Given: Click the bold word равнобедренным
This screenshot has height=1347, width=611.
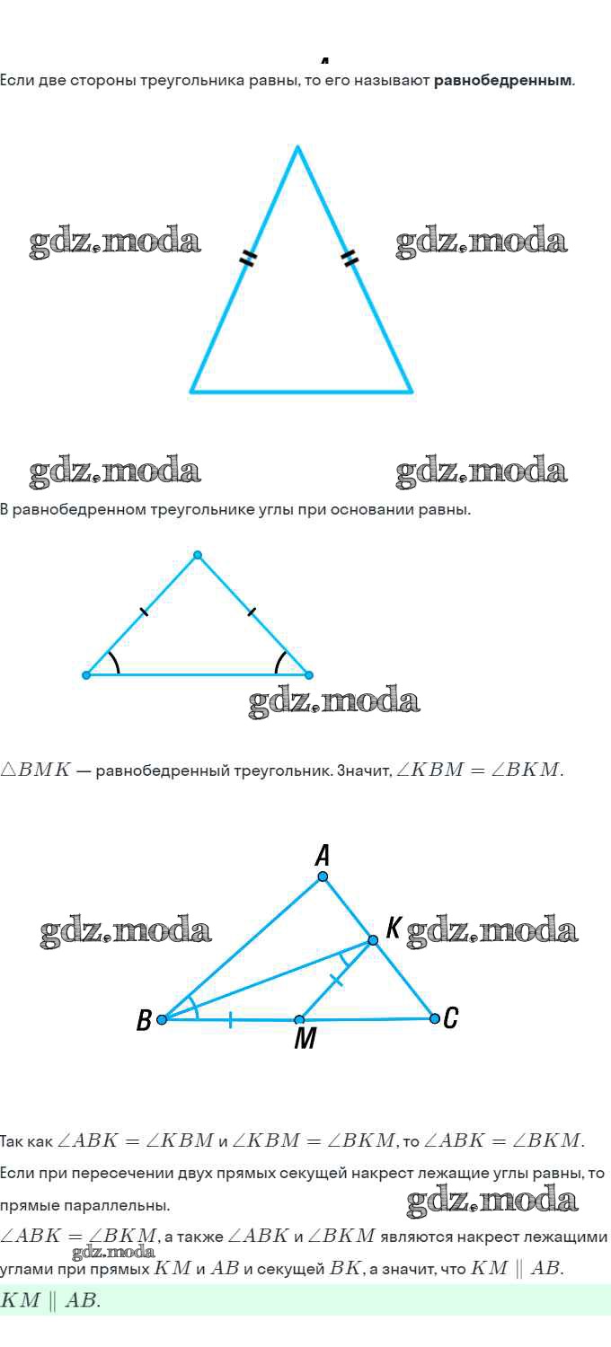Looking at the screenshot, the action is tap(502, 81).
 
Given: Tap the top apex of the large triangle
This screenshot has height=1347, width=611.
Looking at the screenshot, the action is tap(297, 146).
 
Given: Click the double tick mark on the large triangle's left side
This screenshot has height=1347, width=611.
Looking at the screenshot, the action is tap(247, 258).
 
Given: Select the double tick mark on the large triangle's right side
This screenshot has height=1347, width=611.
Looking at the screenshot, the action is tap(350, 258).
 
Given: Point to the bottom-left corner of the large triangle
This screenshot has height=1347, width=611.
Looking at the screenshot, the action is tap(191, 392).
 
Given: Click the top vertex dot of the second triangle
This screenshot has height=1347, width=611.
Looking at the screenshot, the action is tap(198, 555).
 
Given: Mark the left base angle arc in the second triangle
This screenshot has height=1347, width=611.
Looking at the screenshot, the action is tap(113, 662).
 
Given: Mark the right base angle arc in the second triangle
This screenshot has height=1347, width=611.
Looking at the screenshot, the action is tap(279, 662).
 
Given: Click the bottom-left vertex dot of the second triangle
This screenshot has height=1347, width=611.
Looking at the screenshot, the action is tap(86, 675).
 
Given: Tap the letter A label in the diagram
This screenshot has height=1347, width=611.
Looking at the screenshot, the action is tap(323, 855).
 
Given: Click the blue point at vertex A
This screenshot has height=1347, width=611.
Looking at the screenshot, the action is tap(323, 876).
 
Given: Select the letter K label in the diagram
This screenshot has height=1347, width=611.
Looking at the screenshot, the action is tap(393, 928).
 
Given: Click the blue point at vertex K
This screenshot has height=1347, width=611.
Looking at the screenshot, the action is tap(373, 940).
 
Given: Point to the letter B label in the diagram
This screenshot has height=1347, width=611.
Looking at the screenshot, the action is tap(144, 1020).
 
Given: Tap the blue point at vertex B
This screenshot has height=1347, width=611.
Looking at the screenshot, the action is tap(162, 1019).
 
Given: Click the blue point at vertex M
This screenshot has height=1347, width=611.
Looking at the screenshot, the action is tap(299, 1020).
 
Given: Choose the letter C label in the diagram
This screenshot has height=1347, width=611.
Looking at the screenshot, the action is tap(450, 1018).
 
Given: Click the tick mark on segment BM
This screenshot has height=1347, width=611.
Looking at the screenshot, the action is tap(230, 1020).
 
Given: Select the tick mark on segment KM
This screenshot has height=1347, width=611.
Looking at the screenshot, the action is tap(337, 981).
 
